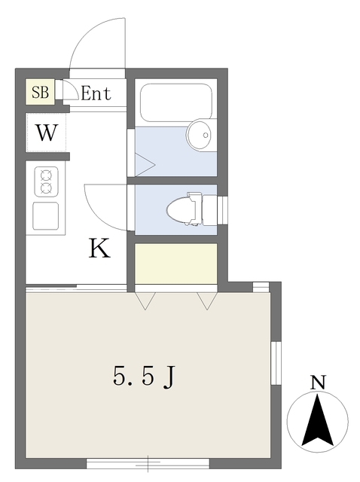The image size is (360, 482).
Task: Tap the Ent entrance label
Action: click(x=96, y=94)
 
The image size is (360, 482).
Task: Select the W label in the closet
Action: click(x=47, y=134)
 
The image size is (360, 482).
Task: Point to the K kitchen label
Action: click(x=99, y=248)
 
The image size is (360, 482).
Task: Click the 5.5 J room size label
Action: click(x=144, y=376)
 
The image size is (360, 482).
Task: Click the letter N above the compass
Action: click(x=319, y=383)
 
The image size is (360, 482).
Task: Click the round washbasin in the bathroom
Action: click(x=200, y=136)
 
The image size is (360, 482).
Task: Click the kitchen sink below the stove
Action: click(x=46, y=216)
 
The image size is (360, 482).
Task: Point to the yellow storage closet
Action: click(x=175, y=263)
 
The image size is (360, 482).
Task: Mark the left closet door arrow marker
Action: click(x=145, y=301)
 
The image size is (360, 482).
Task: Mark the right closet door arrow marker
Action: click(x=206, y=301)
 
